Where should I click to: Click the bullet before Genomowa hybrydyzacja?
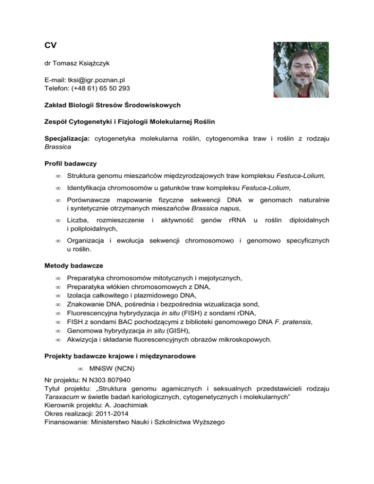pos(57,330)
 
